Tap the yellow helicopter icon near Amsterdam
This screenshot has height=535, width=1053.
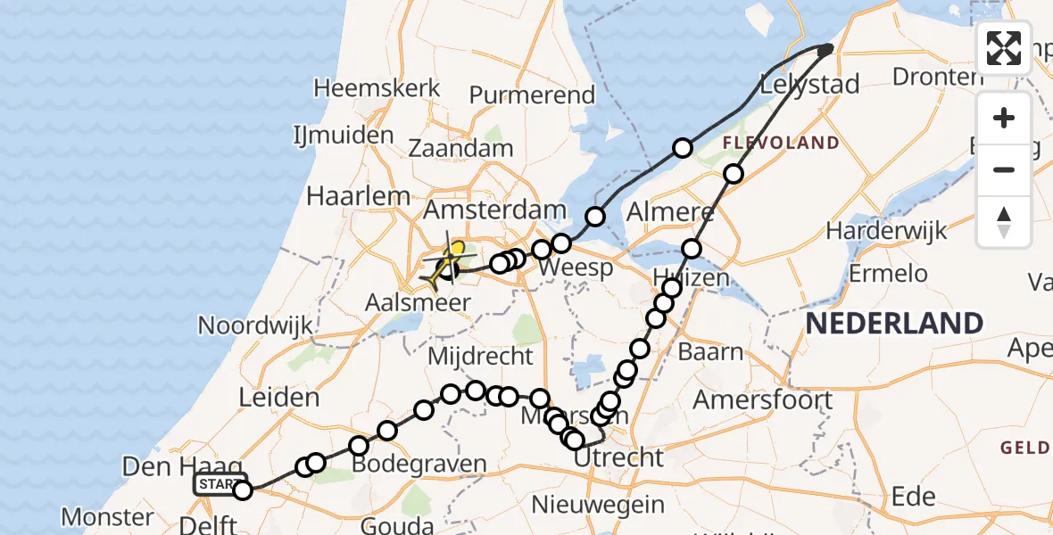click(447, 262)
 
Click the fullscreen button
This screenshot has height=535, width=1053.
click(1004, 48)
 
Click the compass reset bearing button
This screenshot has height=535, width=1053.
click(1004, 222)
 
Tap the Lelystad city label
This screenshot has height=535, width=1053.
click(809, 86)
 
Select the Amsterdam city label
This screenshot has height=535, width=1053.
click(494, 211)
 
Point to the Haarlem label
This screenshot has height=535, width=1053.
click(358, 196)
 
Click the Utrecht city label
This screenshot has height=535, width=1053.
click(619, 458)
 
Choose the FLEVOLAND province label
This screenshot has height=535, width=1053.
click(781, 143)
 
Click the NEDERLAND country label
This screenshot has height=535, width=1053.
click(894, 323)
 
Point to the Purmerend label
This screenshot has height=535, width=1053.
click(531, 95)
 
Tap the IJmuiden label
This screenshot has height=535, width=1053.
click(343, 136)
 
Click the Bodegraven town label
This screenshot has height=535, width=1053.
click(419, 465)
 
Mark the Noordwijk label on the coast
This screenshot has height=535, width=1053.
click(255, 325)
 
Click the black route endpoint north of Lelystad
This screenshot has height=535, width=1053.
click(825, 50)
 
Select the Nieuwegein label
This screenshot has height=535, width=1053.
click(598, 505)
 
